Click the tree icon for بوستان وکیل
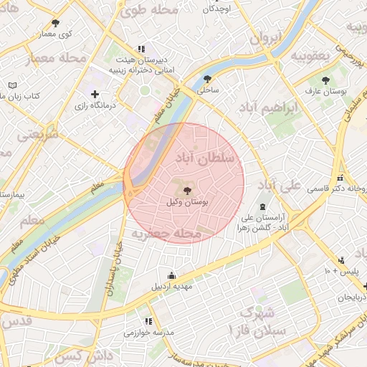188,191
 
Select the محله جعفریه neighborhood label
164,234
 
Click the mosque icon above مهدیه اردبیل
171,275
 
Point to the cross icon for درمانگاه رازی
95,94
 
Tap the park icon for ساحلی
208,80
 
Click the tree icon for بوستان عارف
326,80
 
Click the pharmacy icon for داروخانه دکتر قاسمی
340,178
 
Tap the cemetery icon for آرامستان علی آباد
263,206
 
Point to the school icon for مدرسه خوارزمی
148,321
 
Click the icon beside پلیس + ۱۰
341,259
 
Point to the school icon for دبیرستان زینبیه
150,49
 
